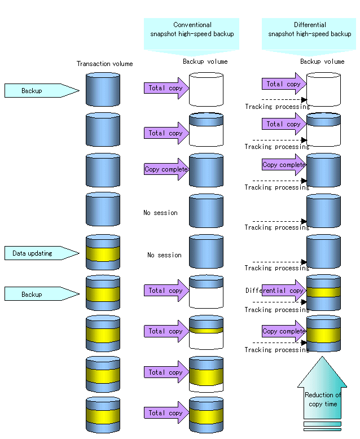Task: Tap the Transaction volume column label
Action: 104,64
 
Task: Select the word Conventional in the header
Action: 192,25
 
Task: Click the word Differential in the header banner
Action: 310,25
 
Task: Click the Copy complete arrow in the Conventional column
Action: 167,169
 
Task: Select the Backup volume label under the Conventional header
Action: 205,62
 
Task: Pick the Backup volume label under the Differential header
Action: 322,62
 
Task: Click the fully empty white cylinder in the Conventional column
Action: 206,89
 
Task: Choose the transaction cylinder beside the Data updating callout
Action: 103,252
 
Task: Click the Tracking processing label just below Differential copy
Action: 276,310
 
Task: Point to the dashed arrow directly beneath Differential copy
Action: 280,302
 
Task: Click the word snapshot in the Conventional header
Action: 165,34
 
